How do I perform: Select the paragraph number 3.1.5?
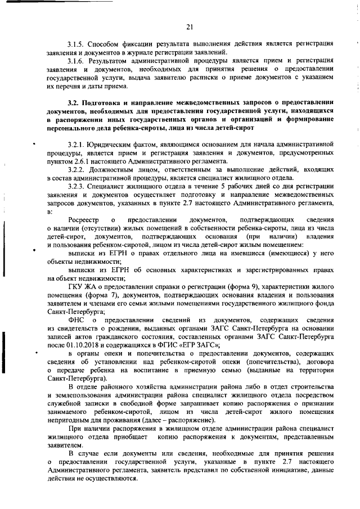pyautogui.click(x=76, y=44)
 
